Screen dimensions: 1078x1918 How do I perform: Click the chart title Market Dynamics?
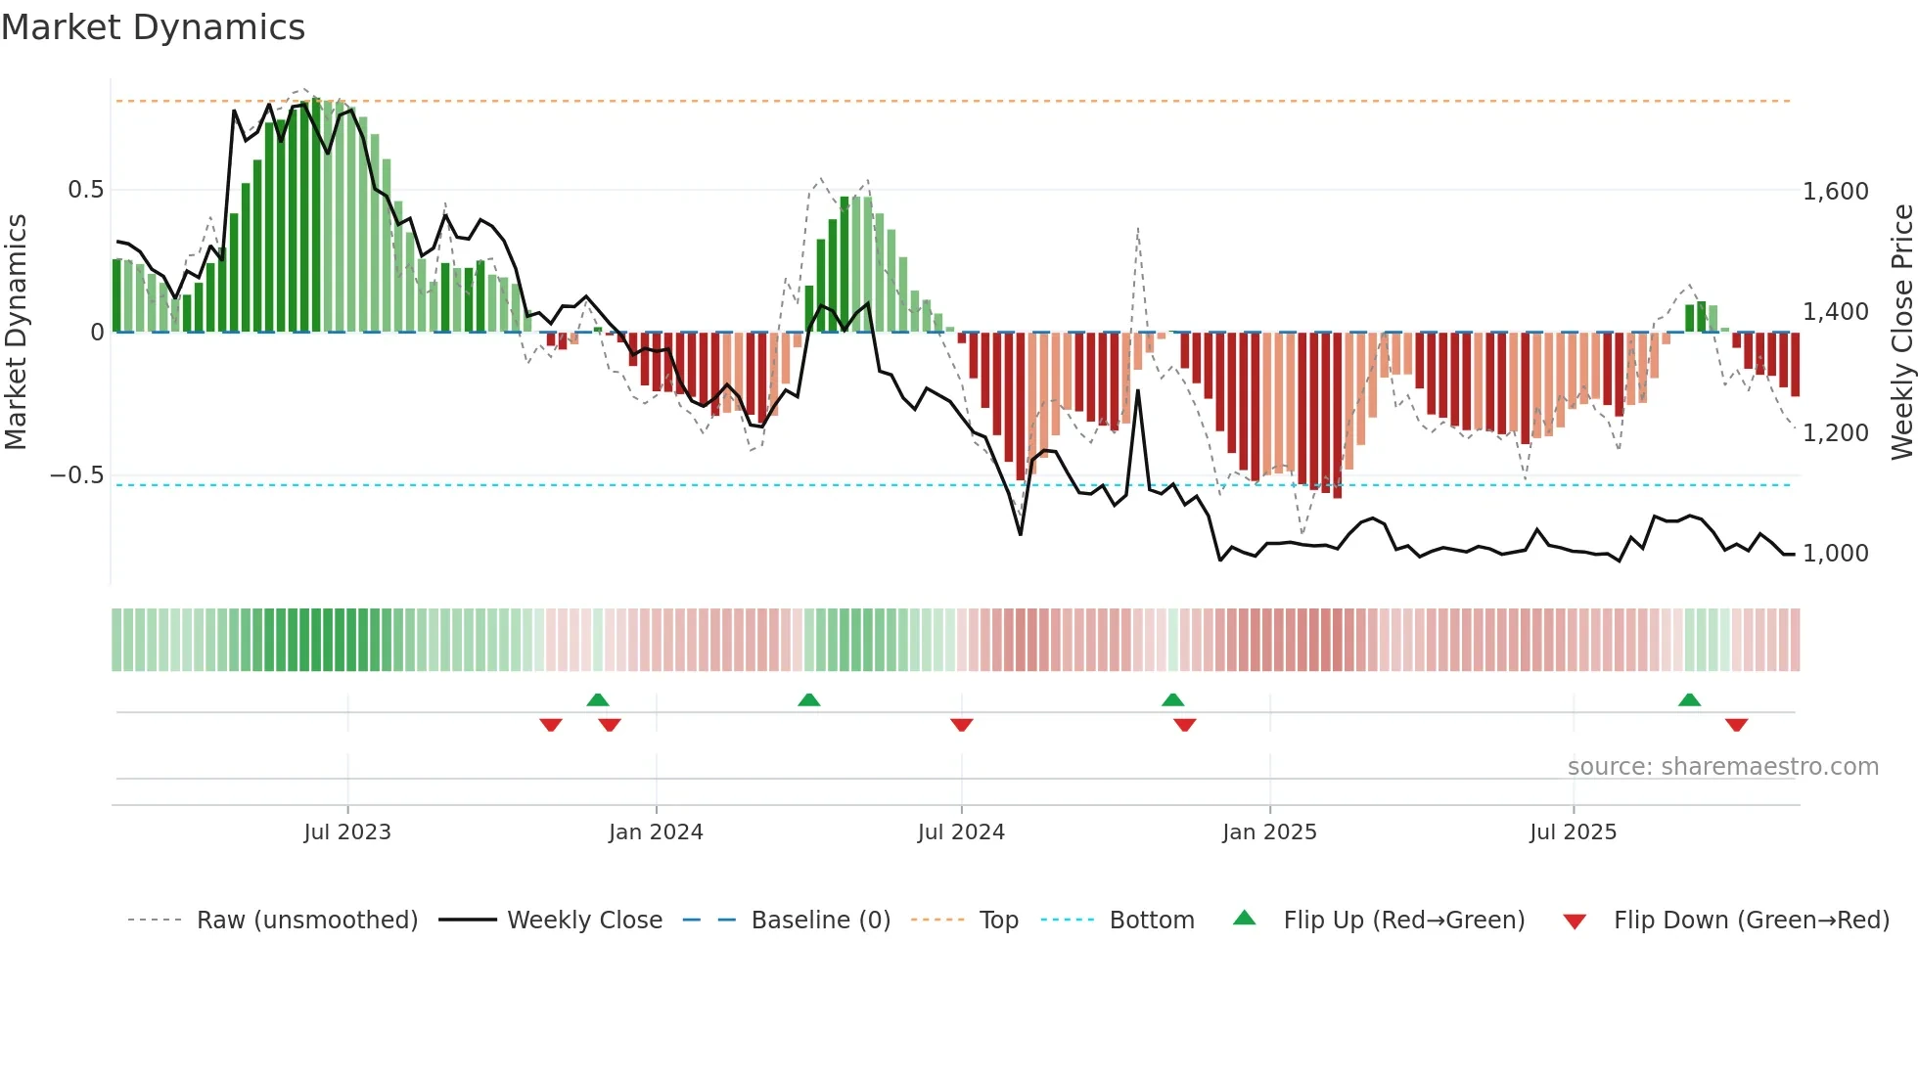154,27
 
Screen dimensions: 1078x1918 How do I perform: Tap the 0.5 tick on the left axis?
85,190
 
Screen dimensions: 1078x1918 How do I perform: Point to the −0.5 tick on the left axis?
77,475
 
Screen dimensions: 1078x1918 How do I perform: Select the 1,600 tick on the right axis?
1835,192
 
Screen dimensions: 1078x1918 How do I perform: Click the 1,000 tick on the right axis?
1835,554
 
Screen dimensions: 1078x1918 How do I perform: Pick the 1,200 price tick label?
1835,433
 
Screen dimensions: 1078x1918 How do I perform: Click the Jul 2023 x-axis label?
347,832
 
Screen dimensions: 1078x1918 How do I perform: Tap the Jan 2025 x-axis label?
1269,832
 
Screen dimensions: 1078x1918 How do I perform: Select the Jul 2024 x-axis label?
961,832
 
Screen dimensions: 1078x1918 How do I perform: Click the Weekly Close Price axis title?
1901,332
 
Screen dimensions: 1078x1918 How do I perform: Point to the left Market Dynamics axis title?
16,332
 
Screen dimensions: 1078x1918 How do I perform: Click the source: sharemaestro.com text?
1722,767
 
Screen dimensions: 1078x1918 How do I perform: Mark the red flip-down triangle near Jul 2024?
961,725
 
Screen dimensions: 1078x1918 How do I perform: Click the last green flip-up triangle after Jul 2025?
1689,699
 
